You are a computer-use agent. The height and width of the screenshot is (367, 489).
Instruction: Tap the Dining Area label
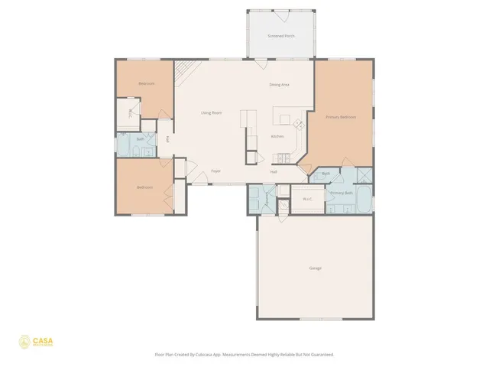pos(279,84)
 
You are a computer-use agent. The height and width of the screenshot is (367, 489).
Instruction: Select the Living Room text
pos(211,113)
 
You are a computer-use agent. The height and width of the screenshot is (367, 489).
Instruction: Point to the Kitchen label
pos(277,137)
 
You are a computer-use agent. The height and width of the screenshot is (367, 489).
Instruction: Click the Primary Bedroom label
pos(341,117)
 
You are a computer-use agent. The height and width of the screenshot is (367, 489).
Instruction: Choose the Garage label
pos(315,268)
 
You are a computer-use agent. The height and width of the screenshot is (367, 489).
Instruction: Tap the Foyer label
pos(216,171)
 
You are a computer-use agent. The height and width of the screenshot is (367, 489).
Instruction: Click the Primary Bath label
pos(341,193)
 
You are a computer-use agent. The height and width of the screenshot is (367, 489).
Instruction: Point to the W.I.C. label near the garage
pos(307,200)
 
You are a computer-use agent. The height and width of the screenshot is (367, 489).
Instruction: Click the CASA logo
pos(37,342)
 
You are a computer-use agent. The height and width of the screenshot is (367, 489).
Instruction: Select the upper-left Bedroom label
pos(146,83)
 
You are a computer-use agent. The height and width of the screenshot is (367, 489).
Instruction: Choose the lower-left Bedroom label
pos(144,187)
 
